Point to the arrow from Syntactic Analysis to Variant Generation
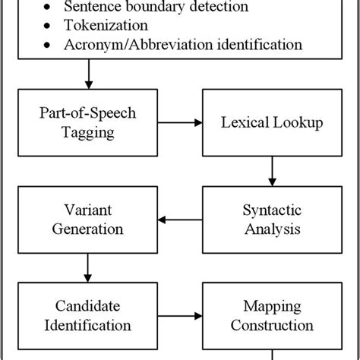[x=177, y=221]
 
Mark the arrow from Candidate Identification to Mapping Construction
[x=177, y=314]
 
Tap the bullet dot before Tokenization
[x=49, y=27]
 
